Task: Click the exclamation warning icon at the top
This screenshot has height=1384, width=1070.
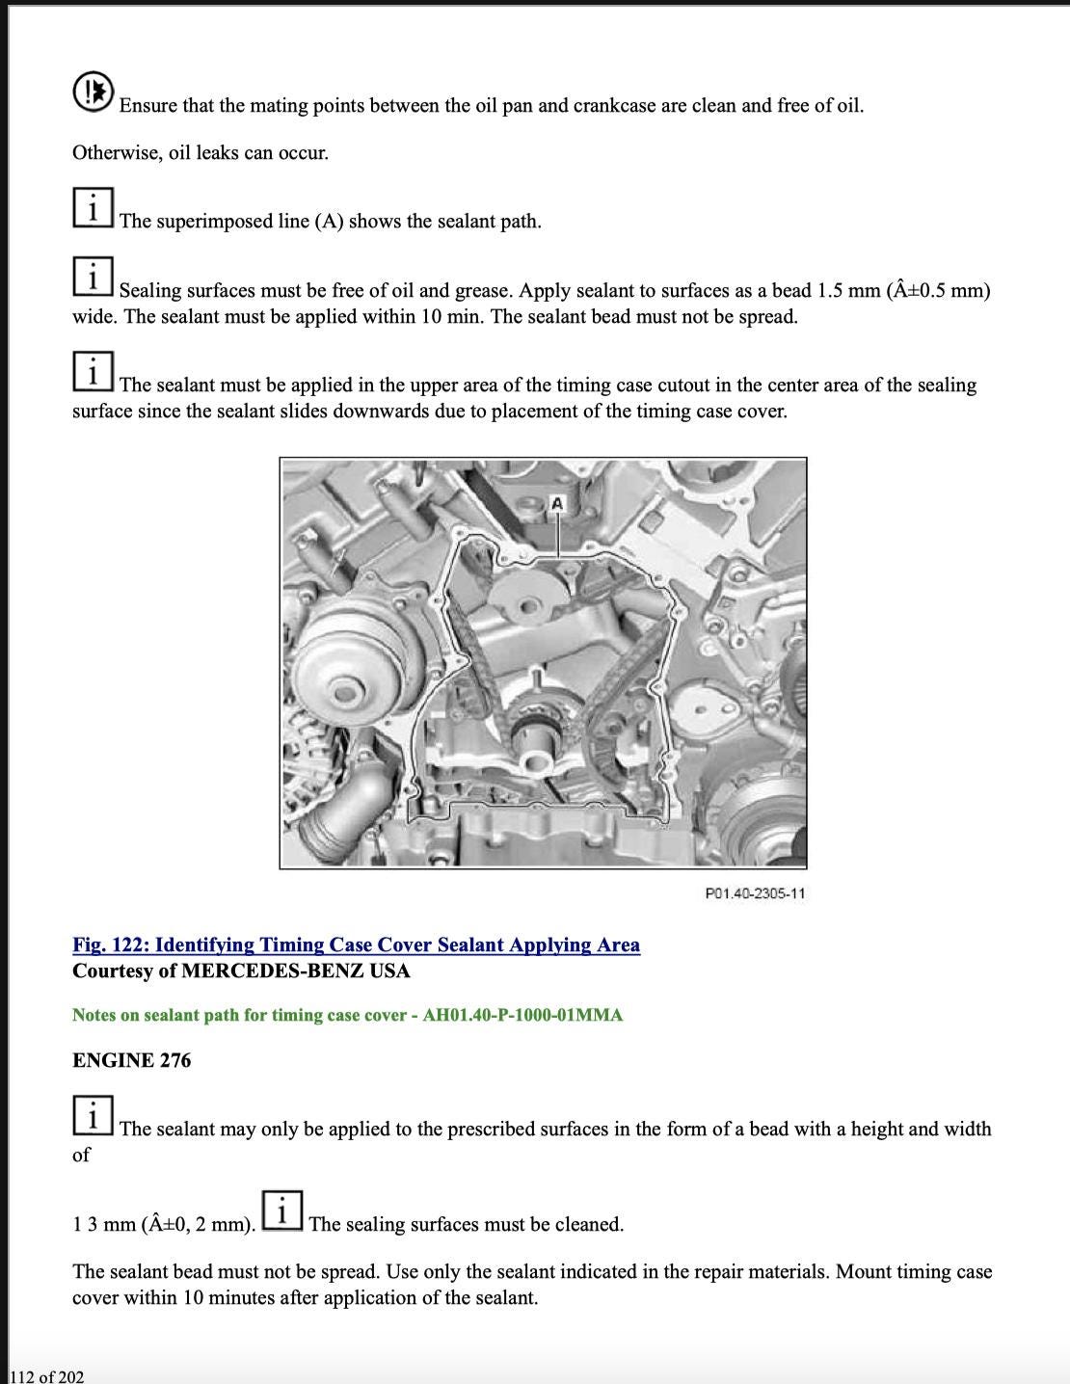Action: point(93,92)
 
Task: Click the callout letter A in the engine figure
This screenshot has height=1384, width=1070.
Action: point(557,503)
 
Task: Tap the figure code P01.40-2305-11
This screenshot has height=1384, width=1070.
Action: point(755,893)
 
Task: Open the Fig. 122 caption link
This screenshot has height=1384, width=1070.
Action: point(356,945)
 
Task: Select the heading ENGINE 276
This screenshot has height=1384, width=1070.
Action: point(131,1060)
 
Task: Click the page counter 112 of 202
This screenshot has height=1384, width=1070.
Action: point(46,1376)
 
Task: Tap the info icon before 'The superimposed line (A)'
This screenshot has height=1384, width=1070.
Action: point(93,208)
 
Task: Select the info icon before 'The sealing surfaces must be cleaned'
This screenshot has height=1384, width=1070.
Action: point(281,1211)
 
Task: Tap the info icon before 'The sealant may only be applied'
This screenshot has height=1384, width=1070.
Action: point(93,1116)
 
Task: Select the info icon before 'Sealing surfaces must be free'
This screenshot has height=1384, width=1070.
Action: point(93,278)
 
